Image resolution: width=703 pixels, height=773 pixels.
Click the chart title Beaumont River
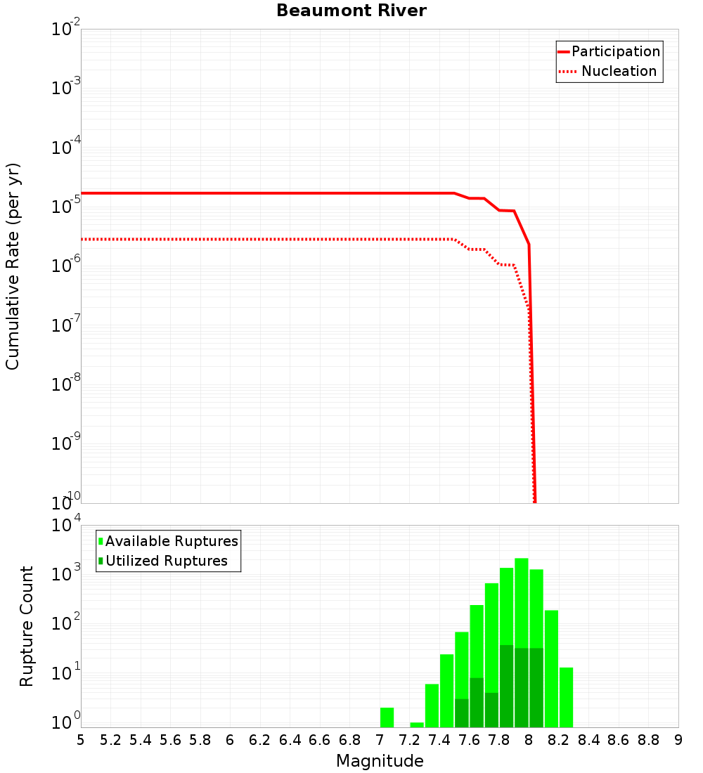[x=351, y=11]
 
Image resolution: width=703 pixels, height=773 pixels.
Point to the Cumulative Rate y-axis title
[x=13, y=266]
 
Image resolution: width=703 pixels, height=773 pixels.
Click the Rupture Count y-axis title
[x=27, y=626]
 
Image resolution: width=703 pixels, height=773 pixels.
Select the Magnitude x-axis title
[x=380, y=761]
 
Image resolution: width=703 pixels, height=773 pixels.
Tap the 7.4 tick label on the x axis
[x=439, y=740]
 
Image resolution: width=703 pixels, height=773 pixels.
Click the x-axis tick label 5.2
[x=110, y=740]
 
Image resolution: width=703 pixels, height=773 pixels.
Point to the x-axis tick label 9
[x=678, y=740]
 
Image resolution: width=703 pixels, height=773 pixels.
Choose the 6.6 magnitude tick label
[x=320, y=740]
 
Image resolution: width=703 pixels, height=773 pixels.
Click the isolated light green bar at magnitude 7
[x=387, y=717]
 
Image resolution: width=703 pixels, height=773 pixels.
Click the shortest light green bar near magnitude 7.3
[x=417, y=725]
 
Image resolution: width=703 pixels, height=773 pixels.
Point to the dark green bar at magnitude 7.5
[x=462, y=713]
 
